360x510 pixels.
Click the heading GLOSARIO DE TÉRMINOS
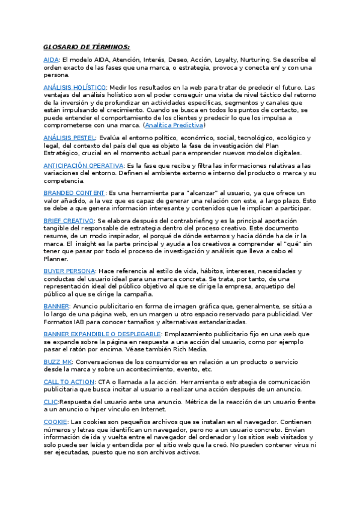(87, 47)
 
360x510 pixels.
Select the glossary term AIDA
(51, 60)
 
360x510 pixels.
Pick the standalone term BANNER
(56, 306)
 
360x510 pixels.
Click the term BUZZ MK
(58, 361)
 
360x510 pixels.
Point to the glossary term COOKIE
(55, 422)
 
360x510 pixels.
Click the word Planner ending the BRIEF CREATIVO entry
(56, 259)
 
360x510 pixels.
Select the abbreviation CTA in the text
(105, 382)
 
